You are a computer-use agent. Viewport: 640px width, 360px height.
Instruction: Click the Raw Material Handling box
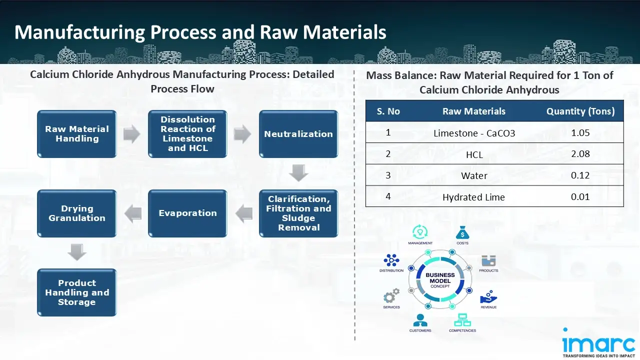click(x=77, y=134)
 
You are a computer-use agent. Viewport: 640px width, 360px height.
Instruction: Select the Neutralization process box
click(x=298, y=134)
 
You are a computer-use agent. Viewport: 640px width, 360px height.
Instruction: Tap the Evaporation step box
click(x=187, y=213)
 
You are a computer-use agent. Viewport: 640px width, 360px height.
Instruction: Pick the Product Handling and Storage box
click(x=77, y=292)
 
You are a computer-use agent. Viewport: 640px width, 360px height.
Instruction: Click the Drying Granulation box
click(x=77, y=213)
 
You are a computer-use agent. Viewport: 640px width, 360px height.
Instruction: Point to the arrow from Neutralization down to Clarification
click(x=298, y=173)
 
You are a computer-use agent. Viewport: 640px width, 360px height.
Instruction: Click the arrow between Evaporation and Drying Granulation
click(x=132, y=213)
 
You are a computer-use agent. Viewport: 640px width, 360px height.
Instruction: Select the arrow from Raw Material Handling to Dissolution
click(x=132, y=134)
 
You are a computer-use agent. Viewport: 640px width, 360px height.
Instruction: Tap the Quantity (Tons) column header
click(x=580, y=111)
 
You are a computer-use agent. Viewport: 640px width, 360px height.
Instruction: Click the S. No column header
click(x=388, y=111)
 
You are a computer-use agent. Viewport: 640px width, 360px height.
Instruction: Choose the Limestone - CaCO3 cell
click(x=474, y=133)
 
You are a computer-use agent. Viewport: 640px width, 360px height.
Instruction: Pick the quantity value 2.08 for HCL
click(x=580, y=154)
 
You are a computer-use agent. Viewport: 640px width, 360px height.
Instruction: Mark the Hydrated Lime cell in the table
click(x=473, y=197)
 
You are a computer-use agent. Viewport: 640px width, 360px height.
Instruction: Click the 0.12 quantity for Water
click(x=580, y=175)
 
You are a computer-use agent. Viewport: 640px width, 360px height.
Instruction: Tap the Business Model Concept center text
click(x=440, y=280)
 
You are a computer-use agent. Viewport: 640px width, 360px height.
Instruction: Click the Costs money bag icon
click(x=462, y=233)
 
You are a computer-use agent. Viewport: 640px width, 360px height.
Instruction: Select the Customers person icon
click(x=420, y=320)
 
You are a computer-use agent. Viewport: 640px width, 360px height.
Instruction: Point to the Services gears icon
click(x=391, y=296)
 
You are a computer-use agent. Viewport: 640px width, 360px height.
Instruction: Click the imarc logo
click(x=598, y=343)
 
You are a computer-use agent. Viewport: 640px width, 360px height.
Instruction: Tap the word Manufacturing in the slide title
click(x=79, y=32)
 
